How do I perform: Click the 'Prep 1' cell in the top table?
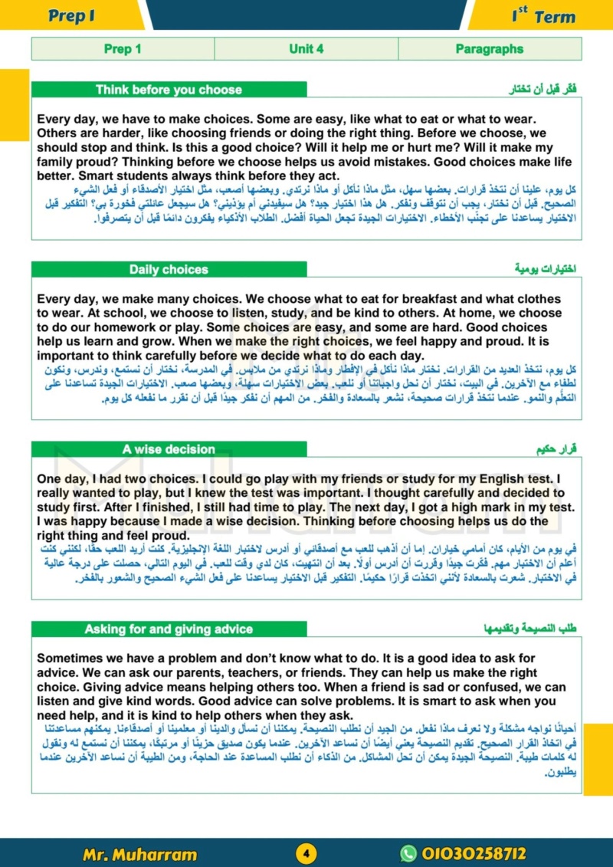(x=123, y=49)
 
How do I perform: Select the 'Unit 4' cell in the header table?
(x=306, y=49)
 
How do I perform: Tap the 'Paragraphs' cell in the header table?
(x=490, y=49)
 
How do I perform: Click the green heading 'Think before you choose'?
(x=169, y=90)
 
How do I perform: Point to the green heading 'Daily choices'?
(x=169, y=270)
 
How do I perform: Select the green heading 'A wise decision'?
(x=169, y=449)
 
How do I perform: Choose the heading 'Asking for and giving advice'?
(x=169, y=629)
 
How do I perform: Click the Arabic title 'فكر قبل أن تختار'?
(x=543, y=90)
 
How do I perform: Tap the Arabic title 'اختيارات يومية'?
(x=546, y=270)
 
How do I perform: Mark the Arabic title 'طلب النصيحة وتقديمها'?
(x=536, y=629)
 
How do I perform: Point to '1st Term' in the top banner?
(x=543, y=16)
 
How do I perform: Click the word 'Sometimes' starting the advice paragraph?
(x=67, y=658)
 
